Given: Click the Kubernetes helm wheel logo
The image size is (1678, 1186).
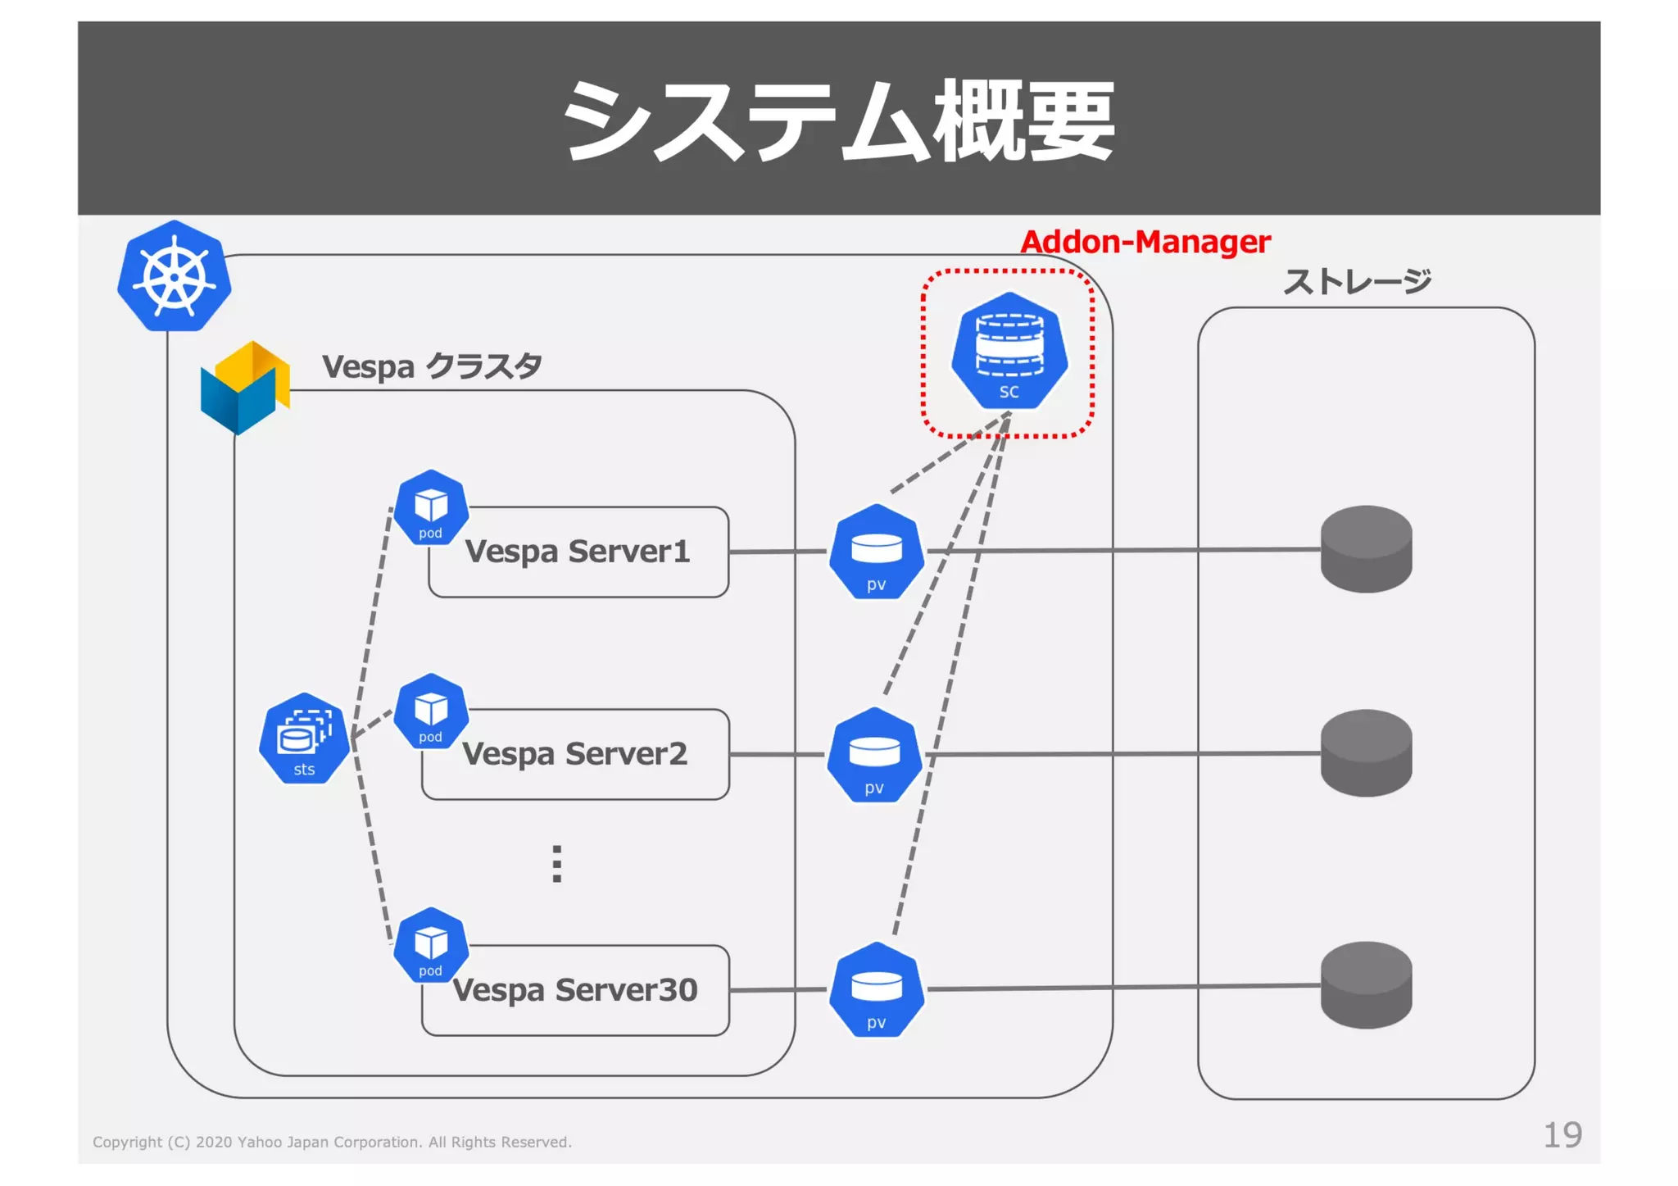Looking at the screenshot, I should (174, 276).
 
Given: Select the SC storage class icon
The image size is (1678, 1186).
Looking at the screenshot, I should (1009, 352).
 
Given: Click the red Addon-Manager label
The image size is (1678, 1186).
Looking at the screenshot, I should (1145, 242).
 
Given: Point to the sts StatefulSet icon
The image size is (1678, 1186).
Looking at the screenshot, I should (304, 738).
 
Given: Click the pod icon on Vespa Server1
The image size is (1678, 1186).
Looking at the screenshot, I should (431, 508).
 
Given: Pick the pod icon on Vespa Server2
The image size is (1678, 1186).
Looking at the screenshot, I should (431, 711).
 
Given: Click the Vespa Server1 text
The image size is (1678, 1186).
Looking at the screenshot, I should (578, 552).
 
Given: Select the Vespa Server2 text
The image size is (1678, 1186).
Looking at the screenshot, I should (574, 754).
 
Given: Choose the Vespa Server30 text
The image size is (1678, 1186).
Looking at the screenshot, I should (574, 990).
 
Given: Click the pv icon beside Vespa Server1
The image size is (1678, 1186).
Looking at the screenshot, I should (876, 552).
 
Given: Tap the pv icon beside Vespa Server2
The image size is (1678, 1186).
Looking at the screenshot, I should (874, 755).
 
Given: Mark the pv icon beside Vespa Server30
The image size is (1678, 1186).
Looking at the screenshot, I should (876, 990).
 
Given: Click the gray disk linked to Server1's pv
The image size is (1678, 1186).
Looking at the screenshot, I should (1366, 549).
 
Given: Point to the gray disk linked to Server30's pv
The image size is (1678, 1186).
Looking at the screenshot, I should (1366, 985).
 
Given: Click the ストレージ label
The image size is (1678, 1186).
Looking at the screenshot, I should (1356, 282).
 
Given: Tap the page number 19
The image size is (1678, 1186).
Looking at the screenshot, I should (1562, 1135).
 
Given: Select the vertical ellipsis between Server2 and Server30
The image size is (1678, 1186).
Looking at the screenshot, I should (557, 864).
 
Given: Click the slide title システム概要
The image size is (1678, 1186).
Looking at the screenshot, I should (838, 120).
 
